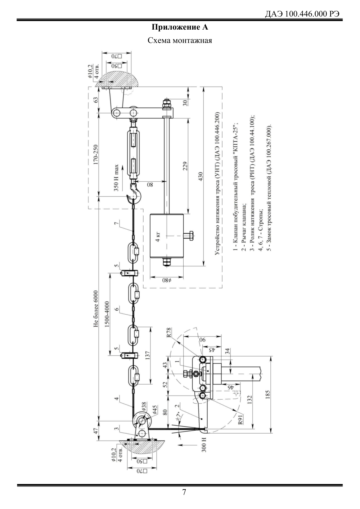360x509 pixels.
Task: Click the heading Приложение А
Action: (180, 28)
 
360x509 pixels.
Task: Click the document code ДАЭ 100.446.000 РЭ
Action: (303, 15)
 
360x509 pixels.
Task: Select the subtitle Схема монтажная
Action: (180, 40)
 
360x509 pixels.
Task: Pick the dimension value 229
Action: (185, 167)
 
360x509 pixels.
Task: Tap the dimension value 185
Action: (267, 395)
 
